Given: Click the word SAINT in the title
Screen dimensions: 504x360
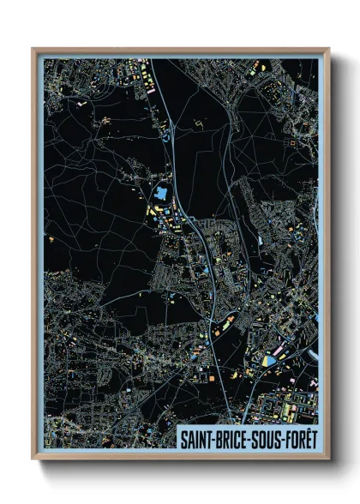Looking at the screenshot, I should (196, 437).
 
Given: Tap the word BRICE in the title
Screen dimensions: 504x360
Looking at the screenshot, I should (230, 437).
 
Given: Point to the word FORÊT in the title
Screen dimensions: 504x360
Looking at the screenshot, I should (297, 437).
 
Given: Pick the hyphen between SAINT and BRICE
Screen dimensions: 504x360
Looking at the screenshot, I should (213, 437).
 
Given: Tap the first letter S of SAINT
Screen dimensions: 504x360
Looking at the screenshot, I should (183, 437).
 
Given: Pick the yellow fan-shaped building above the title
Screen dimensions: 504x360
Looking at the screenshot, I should (273, 361).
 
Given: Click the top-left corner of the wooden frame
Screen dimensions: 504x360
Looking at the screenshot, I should (33, 49).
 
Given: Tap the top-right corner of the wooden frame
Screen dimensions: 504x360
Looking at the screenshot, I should (328, 49).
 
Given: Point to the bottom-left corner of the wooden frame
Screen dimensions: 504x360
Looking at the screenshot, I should (33, 459).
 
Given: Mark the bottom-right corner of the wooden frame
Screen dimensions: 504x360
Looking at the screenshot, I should (328, 459).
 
